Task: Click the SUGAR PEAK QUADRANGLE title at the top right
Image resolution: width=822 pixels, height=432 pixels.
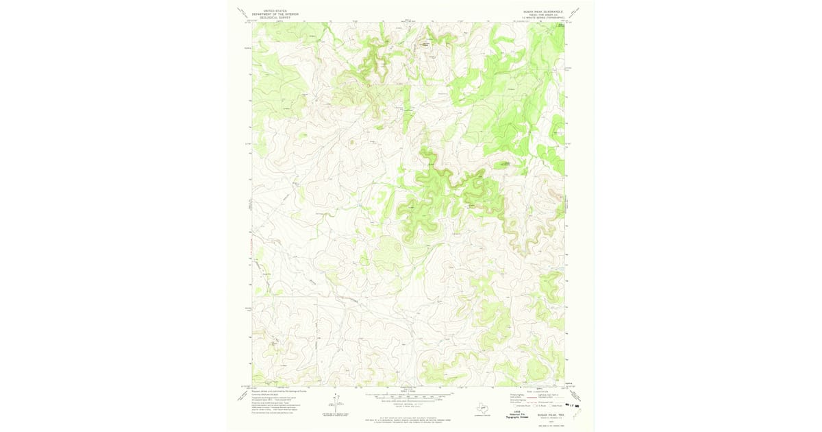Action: click(x=543, y=11)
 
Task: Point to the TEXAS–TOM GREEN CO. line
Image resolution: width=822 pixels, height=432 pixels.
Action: click(x=543, y=14)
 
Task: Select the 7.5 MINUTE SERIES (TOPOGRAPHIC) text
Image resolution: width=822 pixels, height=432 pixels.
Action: click(x=543, y=18)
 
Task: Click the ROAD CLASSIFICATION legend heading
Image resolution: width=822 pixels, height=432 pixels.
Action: click(x=538, y=392)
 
